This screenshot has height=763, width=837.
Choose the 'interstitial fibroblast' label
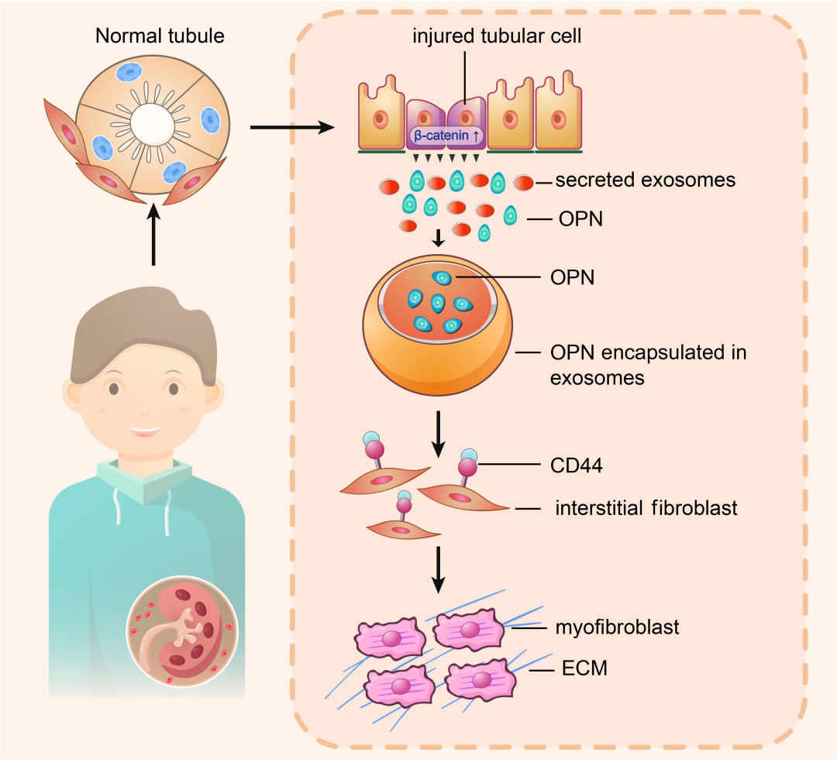click(x=646, y=508)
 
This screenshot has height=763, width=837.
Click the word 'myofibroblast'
click(x=617, y=627)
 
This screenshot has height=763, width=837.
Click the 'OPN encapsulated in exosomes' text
click(x=648, y=365)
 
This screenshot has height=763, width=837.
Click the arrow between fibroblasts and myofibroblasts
click(x=439, y=570)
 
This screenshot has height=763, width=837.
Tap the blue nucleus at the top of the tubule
click(x=126, y=74)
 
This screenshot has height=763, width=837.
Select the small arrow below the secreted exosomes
click(x=439, y=238)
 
